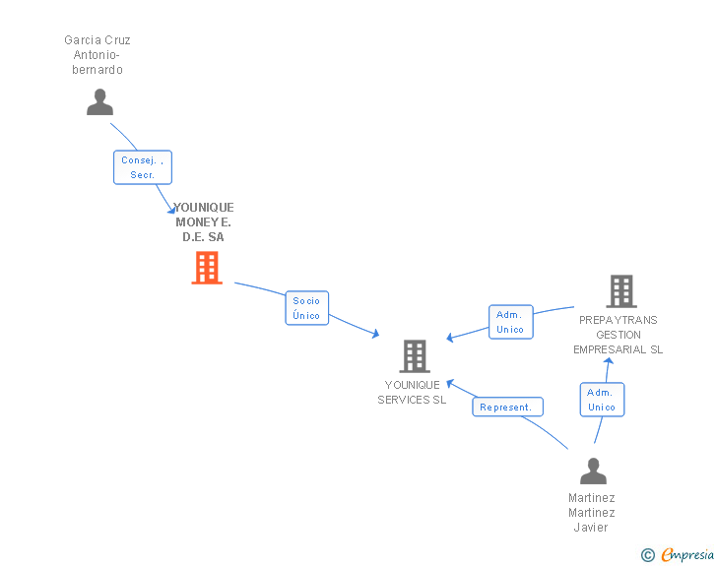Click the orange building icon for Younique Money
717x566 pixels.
[207, 268]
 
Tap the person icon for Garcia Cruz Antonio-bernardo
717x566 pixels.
[99, 102]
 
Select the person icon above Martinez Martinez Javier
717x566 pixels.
[593, 471]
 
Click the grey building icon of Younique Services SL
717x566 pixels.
[415, 356]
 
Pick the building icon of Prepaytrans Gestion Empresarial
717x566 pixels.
[621, 291]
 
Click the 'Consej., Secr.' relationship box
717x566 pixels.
[143, 167]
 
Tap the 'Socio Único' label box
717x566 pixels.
[307, 308]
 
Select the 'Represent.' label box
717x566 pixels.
[507, 407]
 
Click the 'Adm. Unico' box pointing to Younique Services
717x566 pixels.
[511, 322]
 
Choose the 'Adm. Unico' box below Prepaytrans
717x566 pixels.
[602, 400]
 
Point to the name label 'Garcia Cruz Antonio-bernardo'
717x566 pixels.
[98, 55]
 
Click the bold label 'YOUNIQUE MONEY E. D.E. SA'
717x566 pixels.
[204, 222]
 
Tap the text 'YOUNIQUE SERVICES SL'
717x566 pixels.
[412, 393]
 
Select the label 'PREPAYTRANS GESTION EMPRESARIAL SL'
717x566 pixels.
[619, 335]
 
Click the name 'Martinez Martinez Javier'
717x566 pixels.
[591, 513]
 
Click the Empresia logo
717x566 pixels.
[687, 554]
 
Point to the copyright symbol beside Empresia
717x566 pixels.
[648, 555]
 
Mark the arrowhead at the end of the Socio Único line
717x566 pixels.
[376, 334]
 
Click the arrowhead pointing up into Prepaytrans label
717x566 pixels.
[609, 361]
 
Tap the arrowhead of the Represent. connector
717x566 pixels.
[450, 384]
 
